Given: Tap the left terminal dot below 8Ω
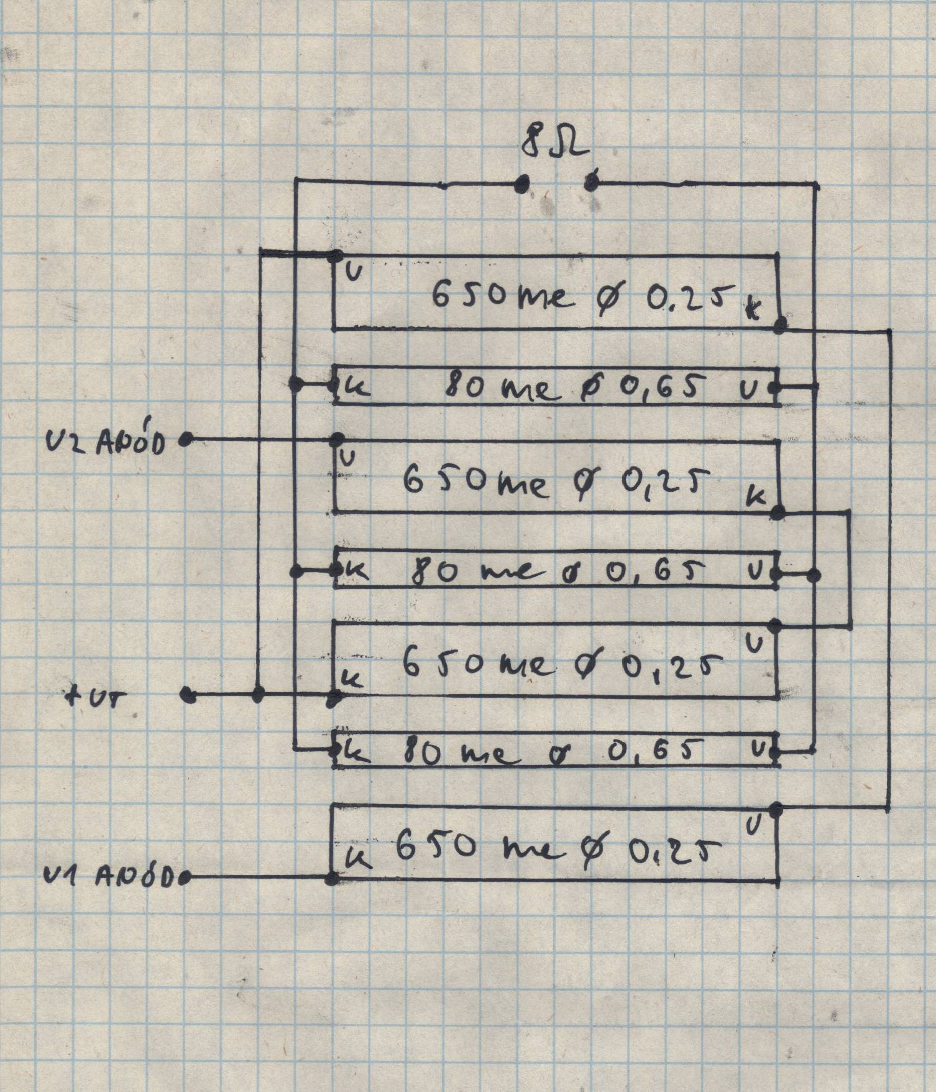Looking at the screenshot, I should click(522, 183).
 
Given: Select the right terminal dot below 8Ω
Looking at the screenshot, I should click(591, 183).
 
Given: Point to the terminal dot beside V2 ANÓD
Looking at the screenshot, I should click(185, 440).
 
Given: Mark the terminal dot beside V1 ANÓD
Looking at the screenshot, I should click(185, 878).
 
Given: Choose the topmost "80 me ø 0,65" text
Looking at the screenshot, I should click(576, 388).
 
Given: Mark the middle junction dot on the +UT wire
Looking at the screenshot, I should click(260, 694).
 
